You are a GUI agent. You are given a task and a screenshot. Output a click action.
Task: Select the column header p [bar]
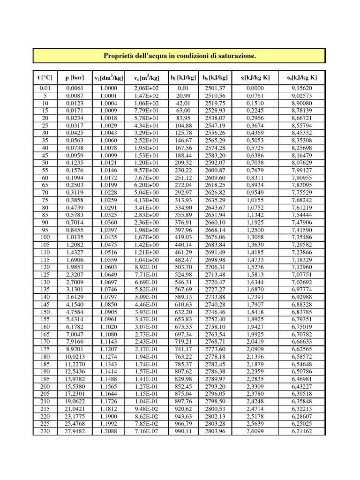[x=75, y=77]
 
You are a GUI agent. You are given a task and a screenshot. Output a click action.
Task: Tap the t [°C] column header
[x=45, y=77]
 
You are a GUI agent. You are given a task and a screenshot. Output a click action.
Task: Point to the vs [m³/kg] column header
[x=146, y=77]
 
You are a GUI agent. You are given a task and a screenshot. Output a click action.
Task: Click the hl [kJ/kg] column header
[x=183, y=77]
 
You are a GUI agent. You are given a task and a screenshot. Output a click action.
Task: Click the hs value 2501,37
[x=215, y=88]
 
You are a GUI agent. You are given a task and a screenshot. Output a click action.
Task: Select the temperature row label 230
[x=45, y=431]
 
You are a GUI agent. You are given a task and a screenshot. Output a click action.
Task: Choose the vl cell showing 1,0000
[x=108, y=88]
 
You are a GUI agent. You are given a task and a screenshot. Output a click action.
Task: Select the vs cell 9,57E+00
[x=146, y=170]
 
